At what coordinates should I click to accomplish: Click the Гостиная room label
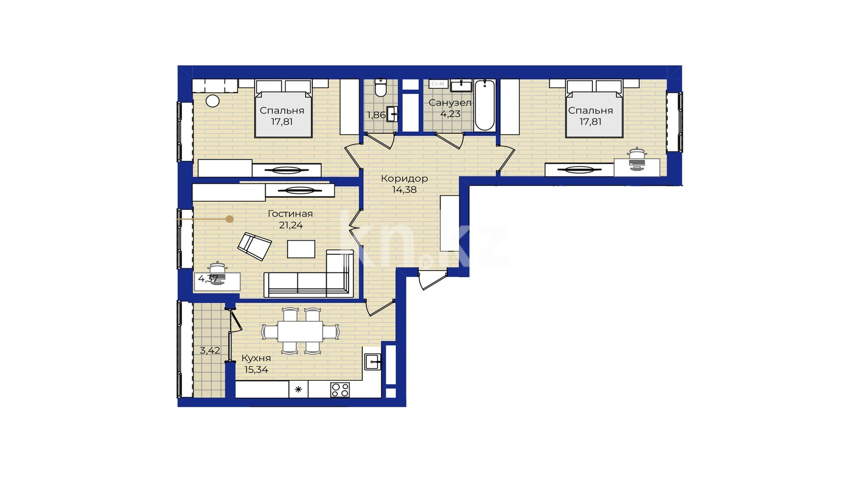pos(290,214)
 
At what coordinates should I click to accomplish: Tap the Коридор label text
pos(404,178)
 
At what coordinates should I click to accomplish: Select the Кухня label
pos(256,358)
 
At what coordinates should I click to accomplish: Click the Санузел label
pos(450,103)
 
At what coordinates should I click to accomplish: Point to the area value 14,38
pos(404,190)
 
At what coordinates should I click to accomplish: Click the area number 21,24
pos(291,225)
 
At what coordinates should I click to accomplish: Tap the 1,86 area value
pos(376,115)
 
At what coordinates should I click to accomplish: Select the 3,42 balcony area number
pos(210,351)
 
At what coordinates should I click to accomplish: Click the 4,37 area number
pos(208,279)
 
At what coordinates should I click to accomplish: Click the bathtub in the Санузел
pos(485,105)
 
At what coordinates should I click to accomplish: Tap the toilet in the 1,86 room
pos(380,87)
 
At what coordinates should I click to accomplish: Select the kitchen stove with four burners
pos(340,390)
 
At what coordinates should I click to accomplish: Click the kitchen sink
pos(373,362)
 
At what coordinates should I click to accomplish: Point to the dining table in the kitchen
pos(300,331)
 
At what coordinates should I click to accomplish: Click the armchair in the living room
pos(254,246)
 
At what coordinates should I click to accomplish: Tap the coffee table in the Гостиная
pos(301,249)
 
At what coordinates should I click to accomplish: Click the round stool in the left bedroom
pos(212,101)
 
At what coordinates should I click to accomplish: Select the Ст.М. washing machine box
pos(439,84)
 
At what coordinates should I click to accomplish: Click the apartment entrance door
pos(432,279)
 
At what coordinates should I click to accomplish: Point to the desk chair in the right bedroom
pos(637,159)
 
